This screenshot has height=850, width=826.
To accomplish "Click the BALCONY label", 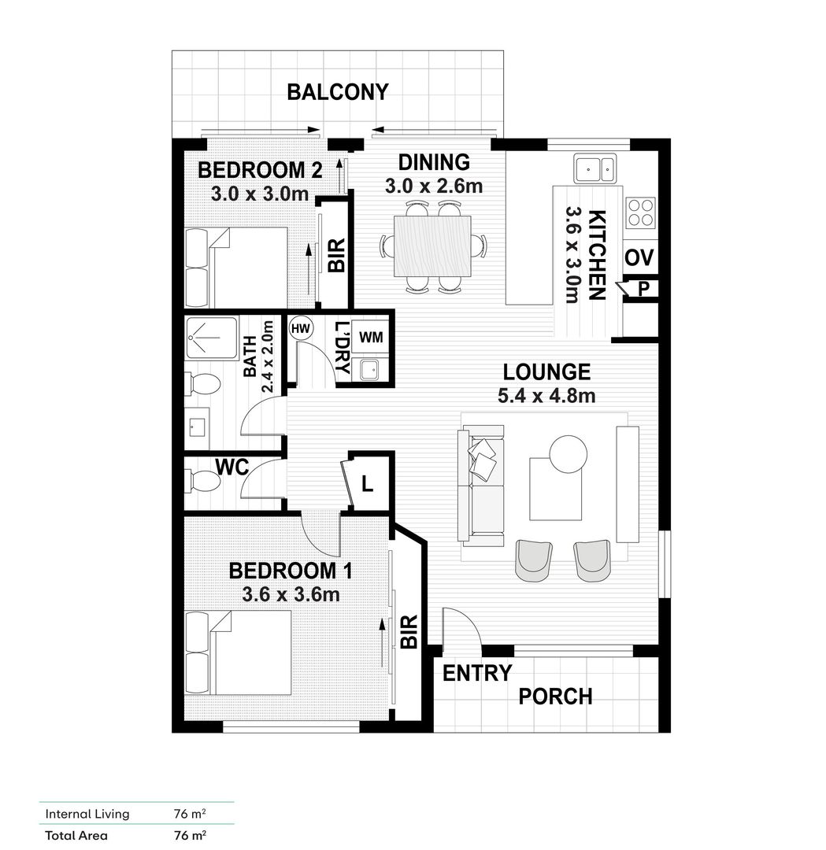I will coord(337,92).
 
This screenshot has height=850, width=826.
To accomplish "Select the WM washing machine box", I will coord(371,337).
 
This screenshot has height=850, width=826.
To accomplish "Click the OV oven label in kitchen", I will coord(640,258).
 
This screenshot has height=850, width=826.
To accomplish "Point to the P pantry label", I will coord(643,290).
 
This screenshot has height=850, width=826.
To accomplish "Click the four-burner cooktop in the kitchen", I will coord(641,210).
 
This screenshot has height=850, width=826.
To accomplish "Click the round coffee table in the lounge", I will coord(567,454).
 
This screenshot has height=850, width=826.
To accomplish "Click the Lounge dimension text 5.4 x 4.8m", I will coord(546,396).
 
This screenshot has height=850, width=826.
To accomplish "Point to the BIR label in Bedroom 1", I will coord(408,631).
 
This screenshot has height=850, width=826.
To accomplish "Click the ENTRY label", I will coord(477,674).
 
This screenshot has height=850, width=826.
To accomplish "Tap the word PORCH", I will coord(555,697).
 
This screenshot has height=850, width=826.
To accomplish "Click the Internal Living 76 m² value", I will coord(190,814).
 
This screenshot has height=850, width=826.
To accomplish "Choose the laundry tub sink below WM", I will coord(366,370).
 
